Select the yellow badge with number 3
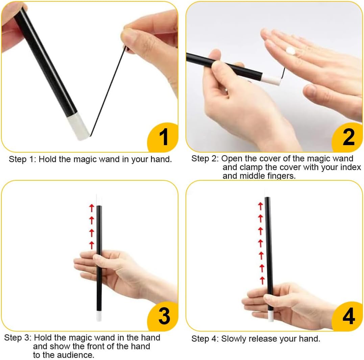coord(163,317)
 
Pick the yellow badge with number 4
coord(347,317)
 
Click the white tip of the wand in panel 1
coord(78,127)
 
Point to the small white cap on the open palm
coord(290,51)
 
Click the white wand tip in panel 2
coord(271,80)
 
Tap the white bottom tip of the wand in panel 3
coord(99,316)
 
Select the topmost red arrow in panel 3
coord(92,208)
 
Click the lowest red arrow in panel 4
coord(262,280)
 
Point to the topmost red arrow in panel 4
coord(261,206)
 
